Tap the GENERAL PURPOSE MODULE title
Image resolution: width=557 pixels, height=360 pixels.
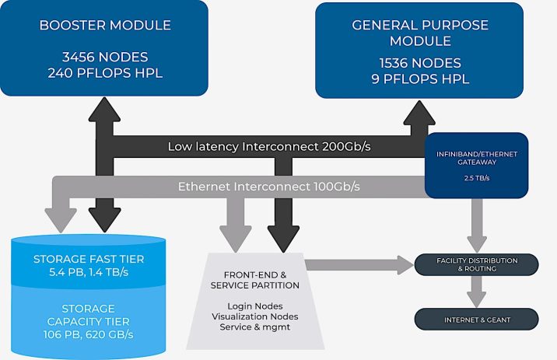[419, 32]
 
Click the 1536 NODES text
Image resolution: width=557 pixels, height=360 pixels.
[419, 62]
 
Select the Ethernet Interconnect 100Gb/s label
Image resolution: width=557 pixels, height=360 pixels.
[268, 187]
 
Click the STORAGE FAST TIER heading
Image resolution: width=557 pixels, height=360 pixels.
[88, 259]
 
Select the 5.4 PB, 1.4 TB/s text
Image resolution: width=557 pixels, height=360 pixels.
[88, 273]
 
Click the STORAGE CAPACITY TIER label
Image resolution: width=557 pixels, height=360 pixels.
[88, 316]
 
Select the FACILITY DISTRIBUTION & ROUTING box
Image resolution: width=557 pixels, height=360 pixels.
[476, 264]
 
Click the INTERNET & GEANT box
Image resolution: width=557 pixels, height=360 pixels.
[476, 319]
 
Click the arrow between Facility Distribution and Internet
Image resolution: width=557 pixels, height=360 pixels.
[476, 292]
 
